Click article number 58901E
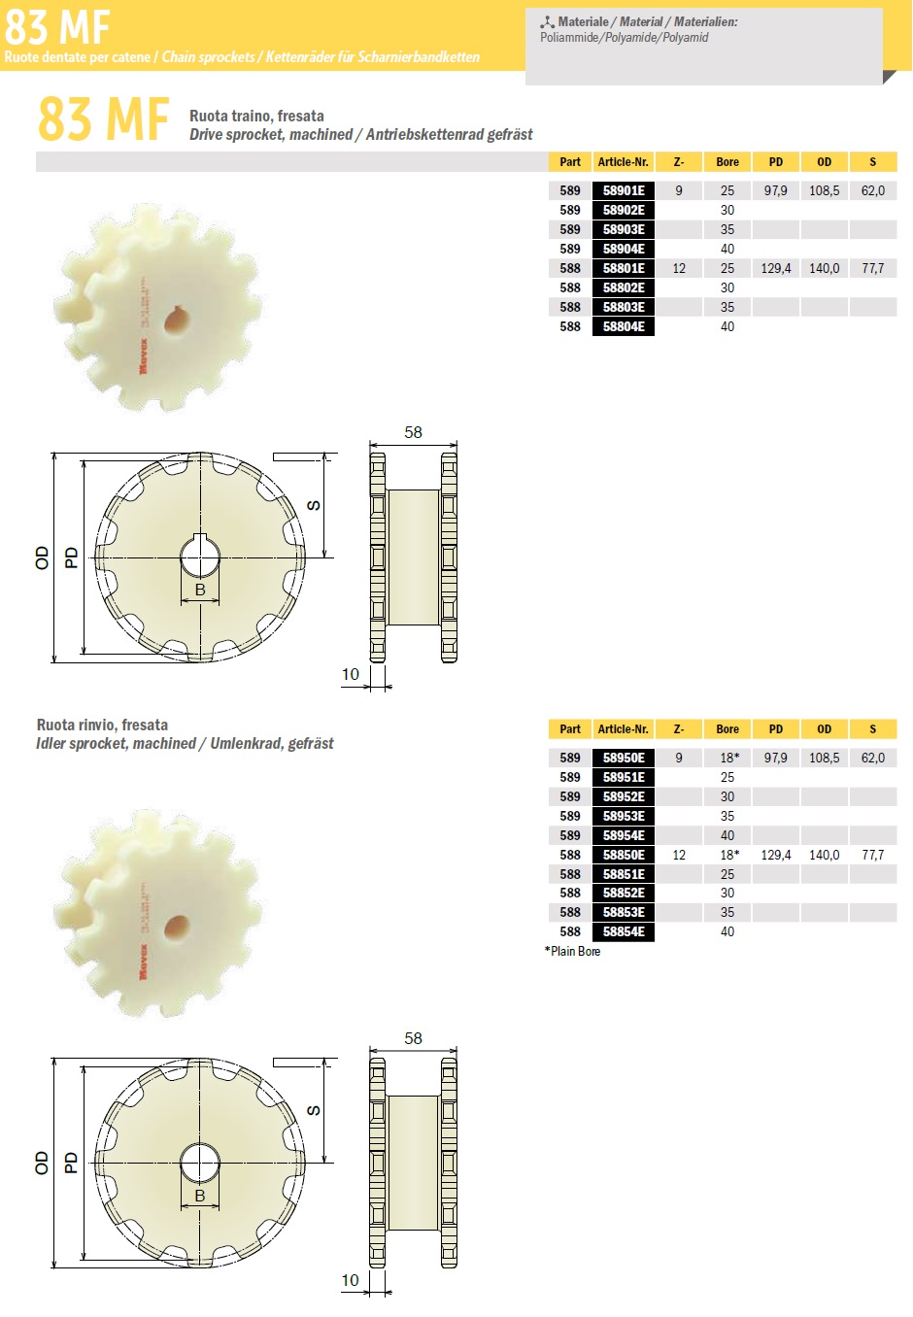[624, 190]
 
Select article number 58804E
[624, 326]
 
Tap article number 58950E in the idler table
[624, 758]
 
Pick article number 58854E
[624, 931]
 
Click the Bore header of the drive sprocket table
[727, 162]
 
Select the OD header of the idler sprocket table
[825, 729]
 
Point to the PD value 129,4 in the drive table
[775, 269]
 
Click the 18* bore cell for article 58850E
[729, 855]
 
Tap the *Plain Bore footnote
[573, 951]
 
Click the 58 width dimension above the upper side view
[414, 432]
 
